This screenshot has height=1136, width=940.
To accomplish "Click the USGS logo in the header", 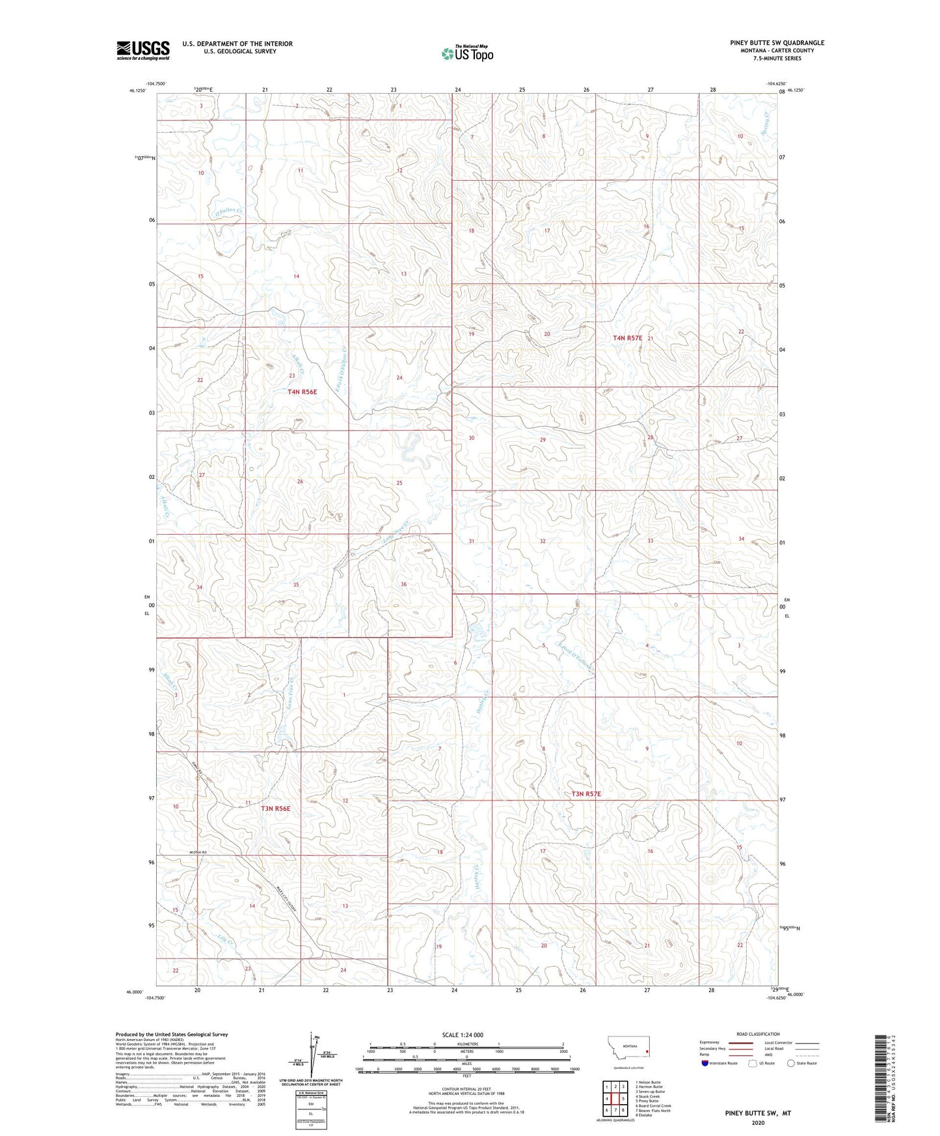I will [143, 50].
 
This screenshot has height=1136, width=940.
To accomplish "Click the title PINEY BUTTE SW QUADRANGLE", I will [777, 43].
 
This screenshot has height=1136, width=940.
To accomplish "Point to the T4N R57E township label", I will [628, 338].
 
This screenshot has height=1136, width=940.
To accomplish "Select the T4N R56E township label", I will [302, 392].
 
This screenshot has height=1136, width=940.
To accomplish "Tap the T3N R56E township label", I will [275, 808].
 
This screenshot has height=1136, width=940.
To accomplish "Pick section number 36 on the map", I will [403, 584].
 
